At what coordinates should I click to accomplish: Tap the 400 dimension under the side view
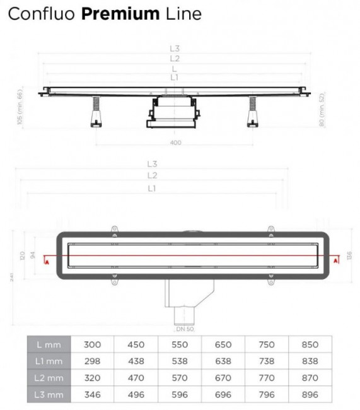point(175,142)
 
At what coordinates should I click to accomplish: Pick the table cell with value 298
point(92,361)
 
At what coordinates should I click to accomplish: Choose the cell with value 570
point(179,378)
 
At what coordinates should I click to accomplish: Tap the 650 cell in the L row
point(223,344)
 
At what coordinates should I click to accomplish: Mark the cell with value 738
point(266,361)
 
